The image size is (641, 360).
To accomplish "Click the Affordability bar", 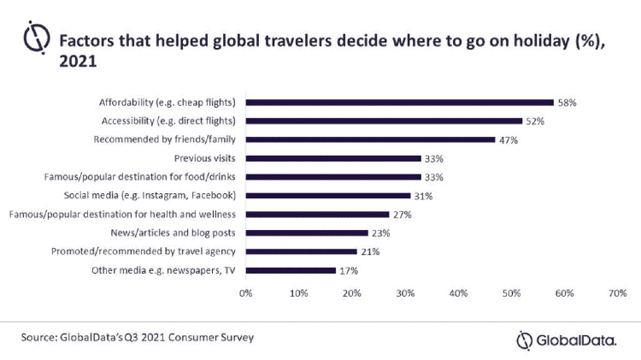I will (x=400, y=102).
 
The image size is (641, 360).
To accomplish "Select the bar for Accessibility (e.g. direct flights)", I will (x=384, y=121).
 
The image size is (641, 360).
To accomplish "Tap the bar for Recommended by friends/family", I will (x=370, y=139).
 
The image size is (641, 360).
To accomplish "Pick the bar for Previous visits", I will (x=333, y=158).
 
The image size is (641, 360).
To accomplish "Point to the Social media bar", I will (x=328, y=196).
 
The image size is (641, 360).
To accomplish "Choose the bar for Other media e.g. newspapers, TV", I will (x=291, y=270).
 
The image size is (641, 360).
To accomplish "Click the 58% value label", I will (x=567, y=102).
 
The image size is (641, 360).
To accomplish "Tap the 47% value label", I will (x=509, y=139).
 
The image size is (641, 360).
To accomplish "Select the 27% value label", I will (x=402, y=215).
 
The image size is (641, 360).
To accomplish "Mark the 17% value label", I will (x=348, y=270).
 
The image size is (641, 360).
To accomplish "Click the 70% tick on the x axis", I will (x=616, y=293).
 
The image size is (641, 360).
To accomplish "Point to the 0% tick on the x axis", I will (x=246, y=293).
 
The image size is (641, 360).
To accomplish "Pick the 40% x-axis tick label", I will (x=458, y=293).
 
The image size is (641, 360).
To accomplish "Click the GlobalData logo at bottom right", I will (x=566, y=340).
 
